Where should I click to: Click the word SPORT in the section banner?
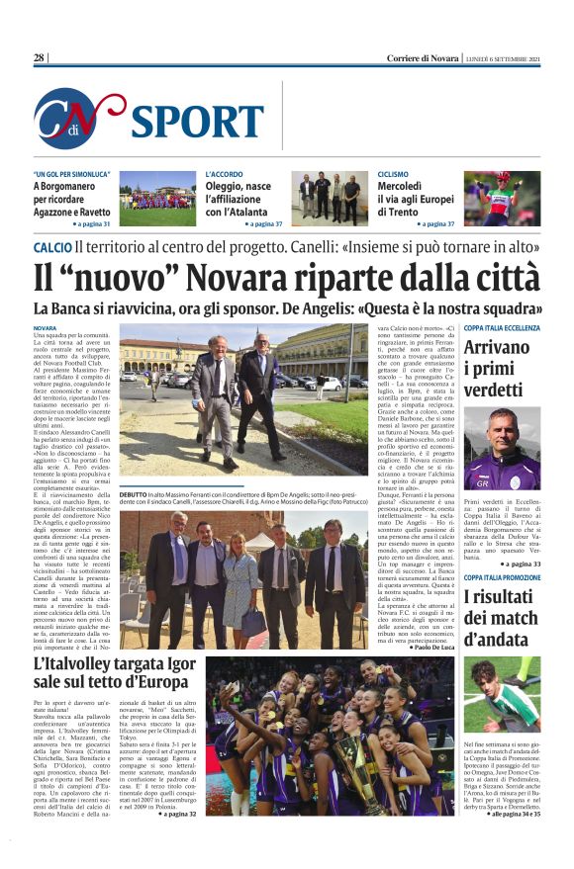[x=197, y=121]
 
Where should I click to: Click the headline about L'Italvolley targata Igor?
[x=114, y=672]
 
